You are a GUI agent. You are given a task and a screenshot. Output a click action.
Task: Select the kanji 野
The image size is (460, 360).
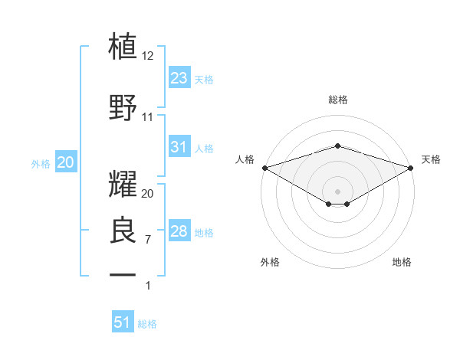point(123,107)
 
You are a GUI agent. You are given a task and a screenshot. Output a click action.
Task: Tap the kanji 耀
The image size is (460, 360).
point(123,184)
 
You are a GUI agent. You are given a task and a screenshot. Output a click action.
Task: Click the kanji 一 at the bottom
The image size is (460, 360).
point(123,273)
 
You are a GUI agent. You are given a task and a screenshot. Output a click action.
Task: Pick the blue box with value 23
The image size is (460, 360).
point(179,78)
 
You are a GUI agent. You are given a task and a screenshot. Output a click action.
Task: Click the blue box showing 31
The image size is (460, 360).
point(179,148)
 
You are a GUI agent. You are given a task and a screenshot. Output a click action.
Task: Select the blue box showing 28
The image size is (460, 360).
point(179,232)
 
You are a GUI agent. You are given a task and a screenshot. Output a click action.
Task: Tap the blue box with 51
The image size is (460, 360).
point(123,323)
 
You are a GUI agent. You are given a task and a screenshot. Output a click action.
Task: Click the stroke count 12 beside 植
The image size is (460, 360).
point(148,56)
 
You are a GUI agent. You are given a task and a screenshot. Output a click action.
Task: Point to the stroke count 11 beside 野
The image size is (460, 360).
point(148,117)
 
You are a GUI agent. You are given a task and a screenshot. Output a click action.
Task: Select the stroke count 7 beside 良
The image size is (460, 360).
point(148,240)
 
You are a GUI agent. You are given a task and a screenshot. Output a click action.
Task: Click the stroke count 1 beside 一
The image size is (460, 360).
point(149,286)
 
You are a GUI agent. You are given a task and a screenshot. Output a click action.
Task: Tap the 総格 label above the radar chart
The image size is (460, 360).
point(337,100)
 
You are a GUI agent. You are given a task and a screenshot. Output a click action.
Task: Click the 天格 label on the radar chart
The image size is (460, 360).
point(431,159)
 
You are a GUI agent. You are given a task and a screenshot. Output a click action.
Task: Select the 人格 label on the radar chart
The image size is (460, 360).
point(245,159)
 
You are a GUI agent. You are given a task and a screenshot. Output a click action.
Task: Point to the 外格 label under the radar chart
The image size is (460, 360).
point(270,262)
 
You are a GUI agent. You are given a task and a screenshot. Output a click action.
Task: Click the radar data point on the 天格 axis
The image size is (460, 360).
point(411,168)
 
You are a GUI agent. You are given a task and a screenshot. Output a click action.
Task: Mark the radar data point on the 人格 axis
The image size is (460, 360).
point(264,168)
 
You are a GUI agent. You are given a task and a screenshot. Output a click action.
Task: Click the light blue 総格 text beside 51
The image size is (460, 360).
point(147,324)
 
